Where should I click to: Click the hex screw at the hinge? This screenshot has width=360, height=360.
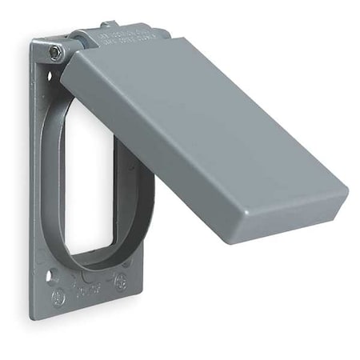pos(54,52)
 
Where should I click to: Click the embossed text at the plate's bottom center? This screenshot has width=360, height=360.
pos(88,289)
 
